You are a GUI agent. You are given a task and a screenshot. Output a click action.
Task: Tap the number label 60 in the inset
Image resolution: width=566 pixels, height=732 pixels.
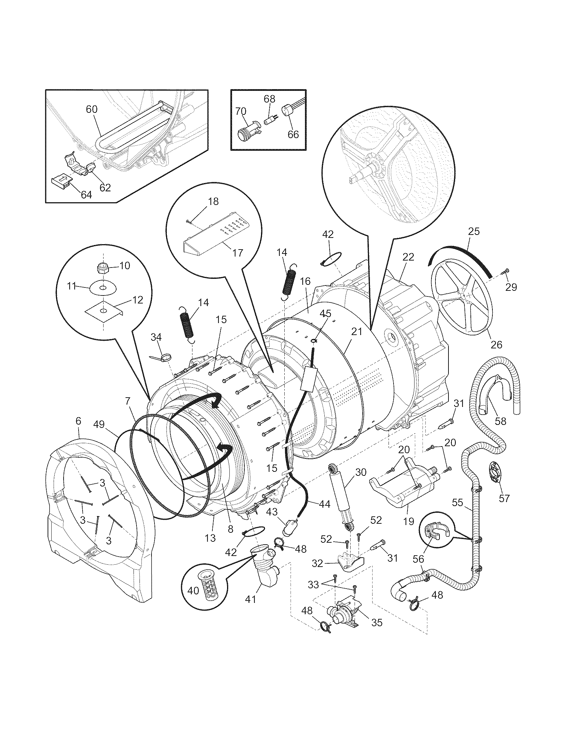(92, 109)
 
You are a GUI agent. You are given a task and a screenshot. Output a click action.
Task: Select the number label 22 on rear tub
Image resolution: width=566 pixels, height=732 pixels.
(408, 257)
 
